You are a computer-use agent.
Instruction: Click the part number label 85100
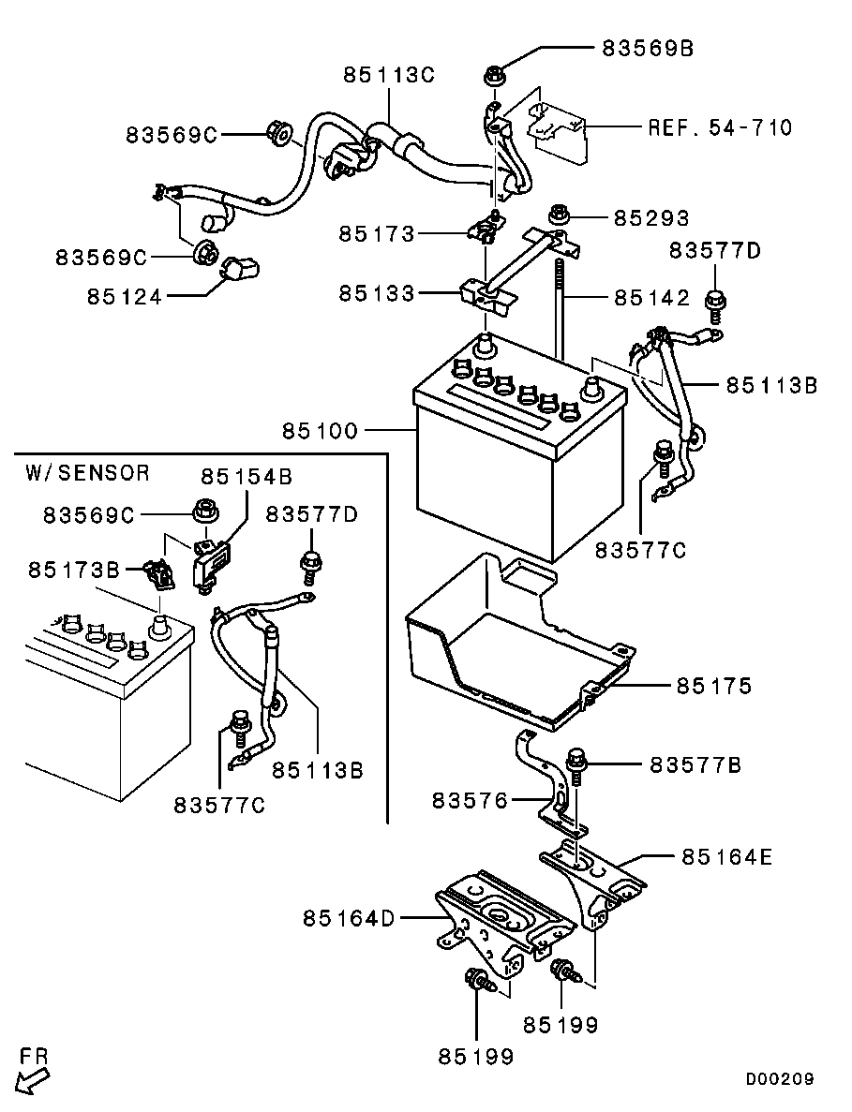coord(319,431)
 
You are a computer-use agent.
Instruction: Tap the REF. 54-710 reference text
coord(720,127)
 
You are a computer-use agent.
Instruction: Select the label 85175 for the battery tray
coord(713,687)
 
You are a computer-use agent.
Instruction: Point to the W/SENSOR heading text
coord(87,472)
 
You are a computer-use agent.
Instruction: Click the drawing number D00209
coord(779,1079)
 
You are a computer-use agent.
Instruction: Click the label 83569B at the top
coord(648,49)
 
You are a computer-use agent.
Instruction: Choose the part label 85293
coord(651,218)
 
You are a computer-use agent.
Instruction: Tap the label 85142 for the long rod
coord(651,298)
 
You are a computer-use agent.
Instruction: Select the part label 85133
coord(377,294)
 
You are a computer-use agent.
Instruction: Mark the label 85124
coord(125,297)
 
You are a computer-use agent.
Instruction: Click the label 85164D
coord(349,918)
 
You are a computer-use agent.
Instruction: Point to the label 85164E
coord(727,856)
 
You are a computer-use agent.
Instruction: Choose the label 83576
coord(470,801)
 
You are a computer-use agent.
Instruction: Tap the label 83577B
coord(695,765)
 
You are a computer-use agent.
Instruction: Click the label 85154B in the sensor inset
coord(246,477)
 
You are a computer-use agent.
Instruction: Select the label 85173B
coord(74,570)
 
